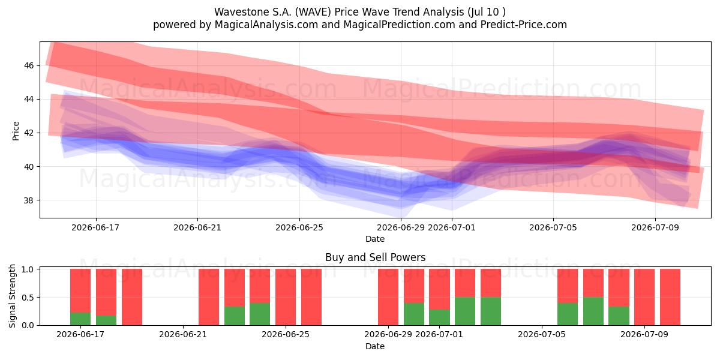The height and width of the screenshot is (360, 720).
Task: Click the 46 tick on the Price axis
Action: point(29,65)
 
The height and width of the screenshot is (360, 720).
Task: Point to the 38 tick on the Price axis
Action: point(29,200)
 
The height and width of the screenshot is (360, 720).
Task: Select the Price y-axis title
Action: point(16,131)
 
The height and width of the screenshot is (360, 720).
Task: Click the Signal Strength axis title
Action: point(12,296)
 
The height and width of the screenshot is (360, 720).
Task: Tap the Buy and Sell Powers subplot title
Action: point(375,257)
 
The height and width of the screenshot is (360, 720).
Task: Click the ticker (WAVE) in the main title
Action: point(313,12)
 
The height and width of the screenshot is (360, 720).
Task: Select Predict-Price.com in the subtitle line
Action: point(524,25)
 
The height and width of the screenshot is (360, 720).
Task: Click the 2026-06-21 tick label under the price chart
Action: point(197,227)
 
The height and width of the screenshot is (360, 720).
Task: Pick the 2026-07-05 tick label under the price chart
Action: point(553,227)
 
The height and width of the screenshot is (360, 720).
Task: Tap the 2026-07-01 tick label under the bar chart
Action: point(439,334)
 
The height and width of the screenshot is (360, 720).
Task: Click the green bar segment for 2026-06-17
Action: point(80,319)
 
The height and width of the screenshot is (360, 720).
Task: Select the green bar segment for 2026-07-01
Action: point(439,317)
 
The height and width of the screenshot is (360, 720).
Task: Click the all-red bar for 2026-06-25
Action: point(286,297)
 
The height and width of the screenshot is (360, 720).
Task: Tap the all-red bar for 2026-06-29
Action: point(388,297)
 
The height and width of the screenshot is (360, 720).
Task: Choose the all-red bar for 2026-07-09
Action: point(644,297)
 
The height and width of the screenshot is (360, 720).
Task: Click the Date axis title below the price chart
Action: point(375,239)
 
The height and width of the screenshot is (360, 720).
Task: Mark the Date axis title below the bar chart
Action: point(375,346)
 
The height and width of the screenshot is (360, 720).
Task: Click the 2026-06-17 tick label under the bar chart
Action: point(80,334)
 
